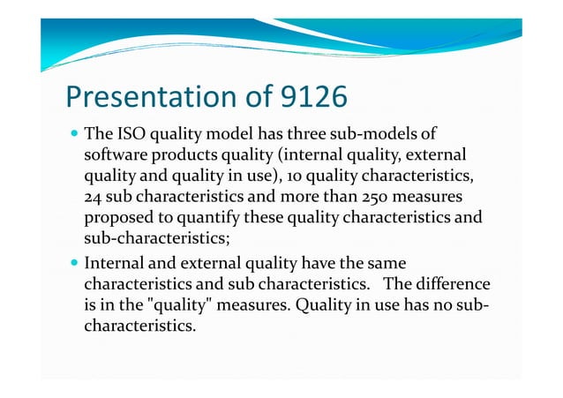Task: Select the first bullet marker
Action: (72, 135)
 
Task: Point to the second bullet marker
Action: (72, 263)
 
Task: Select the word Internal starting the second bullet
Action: (115, 263)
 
